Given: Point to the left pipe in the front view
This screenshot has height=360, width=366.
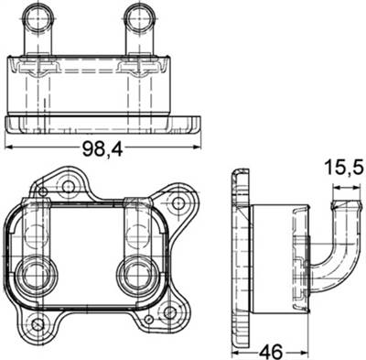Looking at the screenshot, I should [x=39, y=28].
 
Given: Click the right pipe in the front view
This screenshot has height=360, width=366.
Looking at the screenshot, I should [x=138, y=28].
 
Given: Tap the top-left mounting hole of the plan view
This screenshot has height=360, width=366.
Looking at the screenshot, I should [x=66, y=187].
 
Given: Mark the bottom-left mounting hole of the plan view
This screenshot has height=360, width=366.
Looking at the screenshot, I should [x=37, y=326].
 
